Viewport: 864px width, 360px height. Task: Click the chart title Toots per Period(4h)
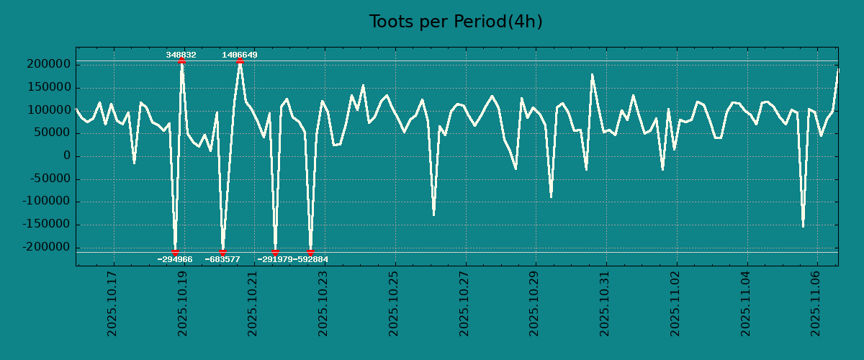[455, 22]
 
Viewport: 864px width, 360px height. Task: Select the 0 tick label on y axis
[67, 156]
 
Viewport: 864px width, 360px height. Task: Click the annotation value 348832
[181, 55]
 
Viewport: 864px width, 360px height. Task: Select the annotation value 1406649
[240, 55]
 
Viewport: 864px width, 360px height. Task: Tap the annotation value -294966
[175, 259]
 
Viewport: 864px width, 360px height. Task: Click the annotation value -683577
[222, 259]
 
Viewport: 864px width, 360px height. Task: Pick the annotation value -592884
[311, 259]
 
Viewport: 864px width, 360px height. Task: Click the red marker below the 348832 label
[181, 61]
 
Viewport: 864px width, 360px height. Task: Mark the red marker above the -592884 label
[310, 252]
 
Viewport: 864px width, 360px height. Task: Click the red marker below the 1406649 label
[240, 61]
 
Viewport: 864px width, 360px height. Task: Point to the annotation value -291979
[274, 259]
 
